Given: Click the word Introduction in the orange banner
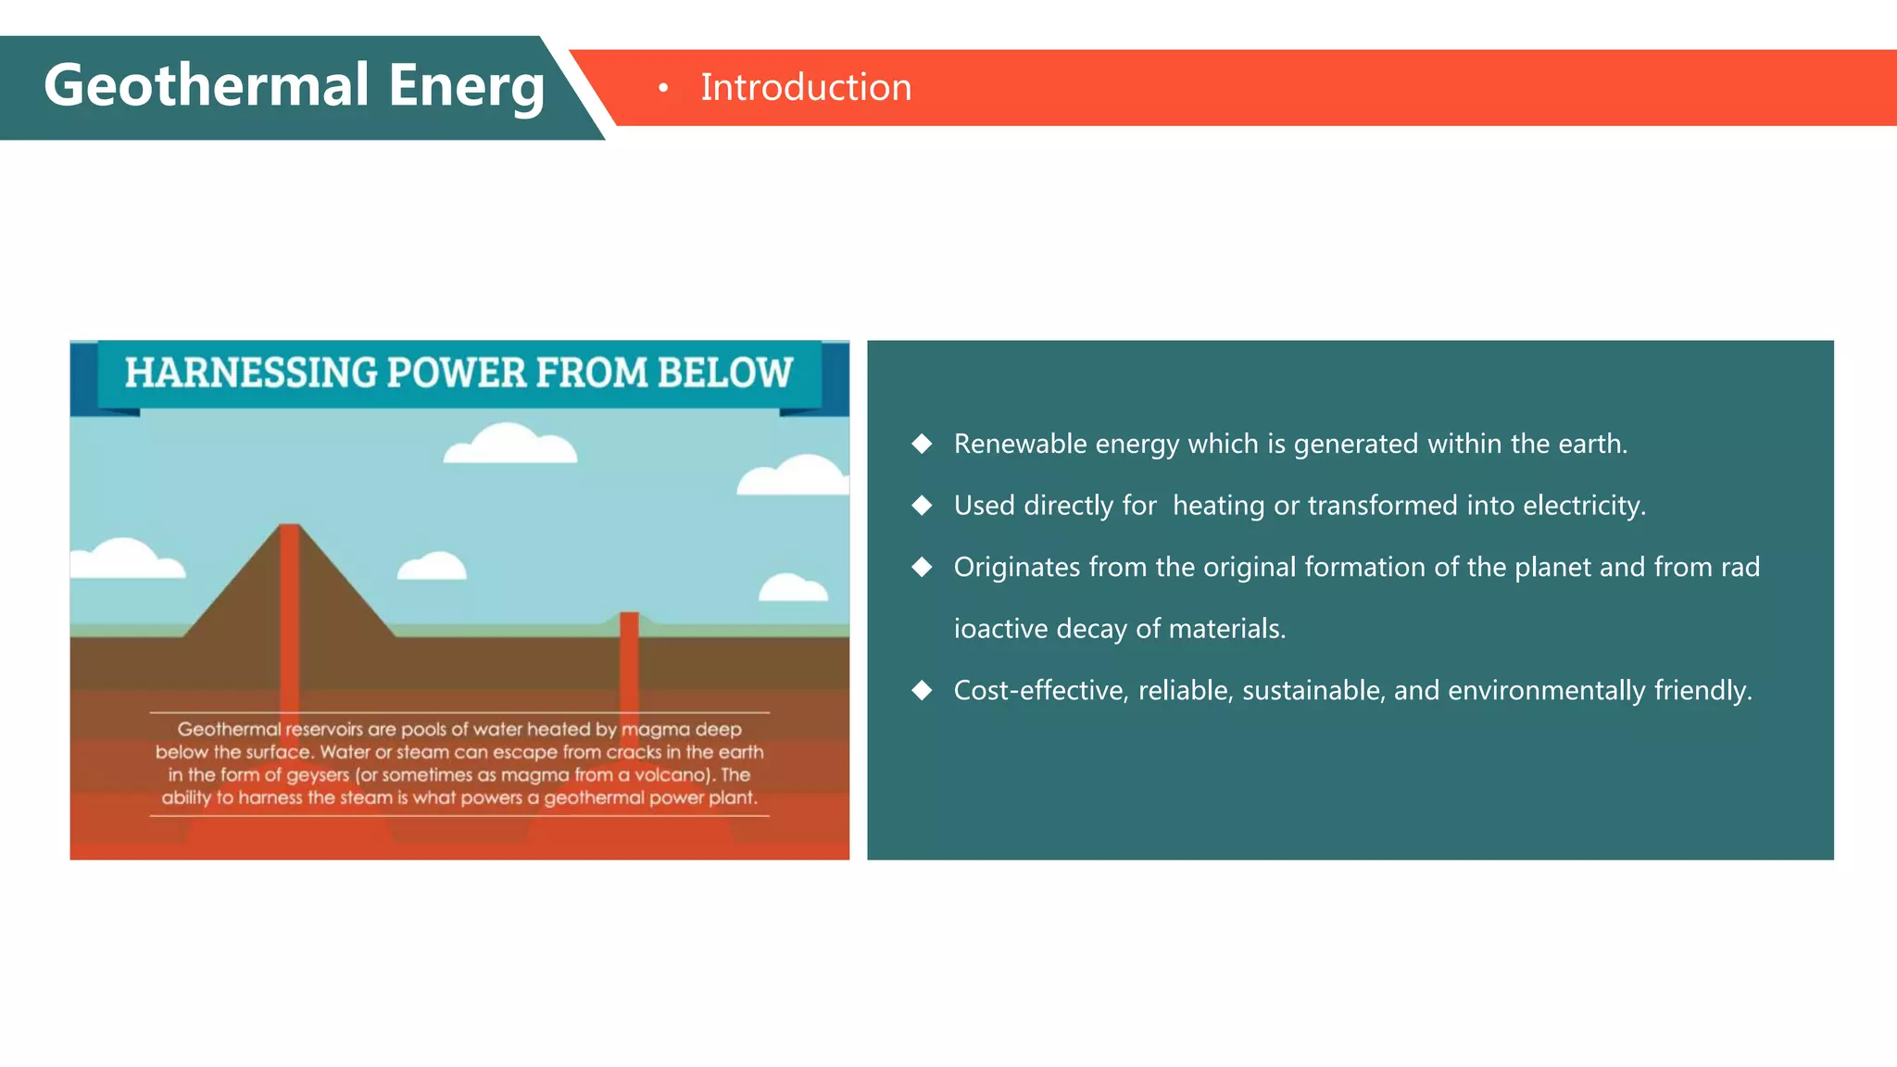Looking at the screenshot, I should coord(806,87).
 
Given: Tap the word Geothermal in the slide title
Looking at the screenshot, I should coord(207,85).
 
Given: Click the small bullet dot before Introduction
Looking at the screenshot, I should coord(663,88).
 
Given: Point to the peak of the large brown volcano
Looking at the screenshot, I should coord(289,529).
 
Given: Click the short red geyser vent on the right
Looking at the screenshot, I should coord(629,648).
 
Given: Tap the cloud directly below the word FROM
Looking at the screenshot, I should coord(509,446).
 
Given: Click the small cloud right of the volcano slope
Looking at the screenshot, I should coord(432,567).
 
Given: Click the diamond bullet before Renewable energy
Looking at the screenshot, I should coord(922,444).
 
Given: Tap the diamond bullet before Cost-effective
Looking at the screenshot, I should coord(922,690).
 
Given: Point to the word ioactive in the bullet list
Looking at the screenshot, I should coord(1000,629).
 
